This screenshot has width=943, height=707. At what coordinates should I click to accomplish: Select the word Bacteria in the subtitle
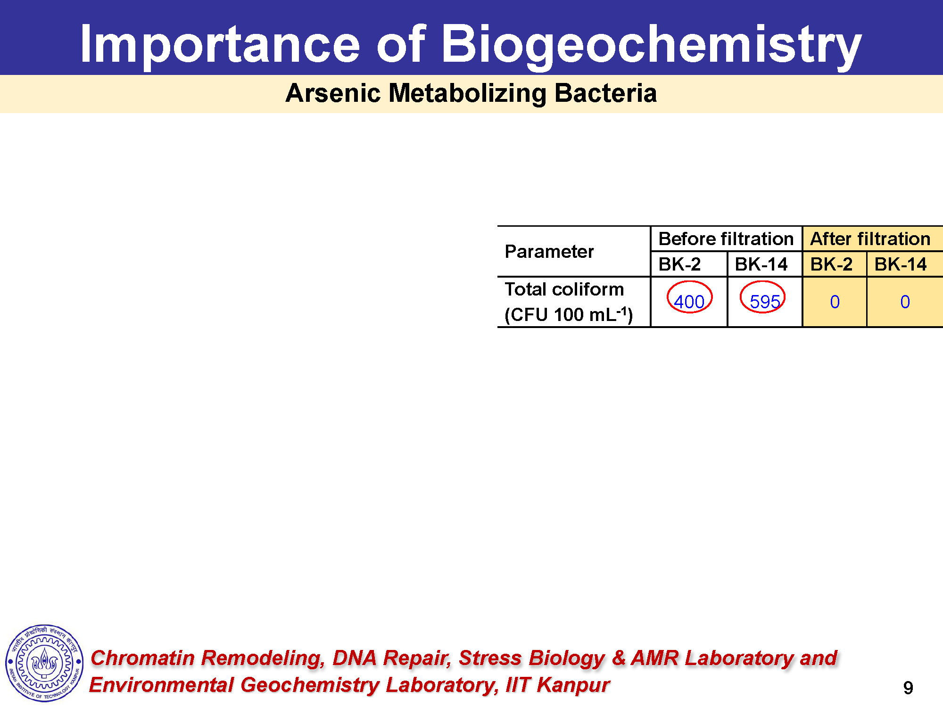(x=605, y=93)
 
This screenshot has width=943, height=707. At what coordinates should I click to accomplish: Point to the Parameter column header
(x=549, y=252)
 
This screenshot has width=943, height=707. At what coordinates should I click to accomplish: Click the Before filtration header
(x=726, y=239)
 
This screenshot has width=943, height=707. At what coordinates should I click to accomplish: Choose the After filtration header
(x=870, y=239)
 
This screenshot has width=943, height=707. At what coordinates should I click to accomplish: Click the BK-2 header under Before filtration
(x=679, y=264)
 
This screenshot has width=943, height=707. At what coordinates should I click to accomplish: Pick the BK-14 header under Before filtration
(x=761, y=264)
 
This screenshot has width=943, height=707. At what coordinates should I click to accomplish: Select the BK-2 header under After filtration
(x=831, y=264)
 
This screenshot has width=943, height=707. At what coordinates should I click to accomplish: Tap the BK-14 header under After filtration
(x=901, y=264)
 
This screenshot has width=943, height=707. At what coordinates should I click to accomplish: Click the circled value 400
(x=689, y=302)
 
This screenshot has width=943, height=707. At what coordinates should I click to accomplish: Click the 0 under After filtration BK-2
(x=835, y=302)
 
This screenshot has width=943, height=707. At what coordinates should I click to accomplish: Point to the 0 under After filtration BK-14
(x=905, y=302)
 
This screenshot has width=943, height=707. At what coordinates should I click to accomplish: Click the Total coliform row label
(x=564, y=289)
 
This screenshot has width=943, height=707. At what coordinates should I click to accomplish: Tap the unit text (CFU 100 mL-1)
(x=569, y=315)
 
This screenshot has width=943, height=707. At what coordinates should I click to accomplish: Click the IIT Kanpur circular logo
(x=44, y=663)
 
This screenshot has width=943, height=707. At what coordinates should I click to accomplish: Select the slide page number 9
(x=908, y=688)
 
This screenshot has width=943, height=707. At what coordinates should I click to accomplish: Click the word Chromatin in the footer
(x=142, y=658)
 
